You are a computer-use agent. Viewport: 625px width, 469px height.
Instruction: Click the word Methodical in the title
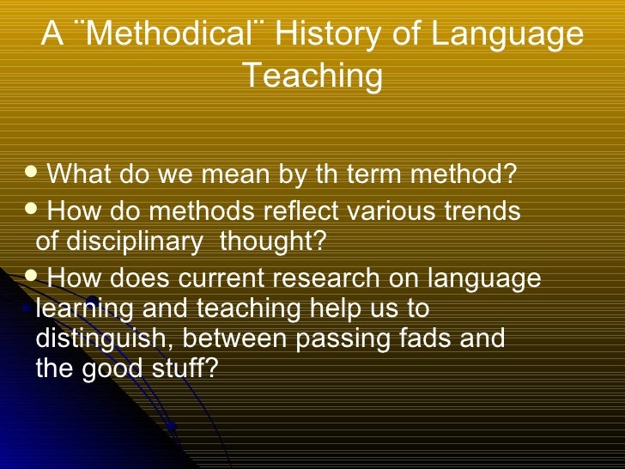click(x=173, y=35)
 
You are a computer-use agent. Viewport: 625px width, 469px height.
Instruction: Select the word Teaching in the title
click(x=312, y=76)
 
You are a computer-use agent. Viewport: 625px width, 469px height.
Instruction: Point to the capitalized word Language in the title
click(x=507, y=35)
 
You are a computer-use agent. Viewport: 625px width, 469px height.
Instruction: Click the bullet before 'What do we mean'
click(x=35, y=174)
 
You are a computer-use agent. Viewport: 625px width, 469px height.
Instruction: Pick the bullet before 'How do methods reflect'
click(x=35, y=210)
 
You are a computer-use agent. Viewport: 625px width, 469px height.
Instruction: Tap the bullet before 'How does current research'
click(x=35, y=277)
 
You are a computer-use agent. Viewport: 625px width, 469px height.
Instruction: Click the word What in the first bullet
click(x=78, y=175)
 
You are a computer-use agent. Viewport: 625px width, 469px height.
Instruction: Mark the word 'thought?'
click(x=273, y=242)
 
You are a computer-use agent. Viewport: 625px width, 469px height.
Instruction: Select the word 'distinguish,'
click(x=106, y=338)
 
